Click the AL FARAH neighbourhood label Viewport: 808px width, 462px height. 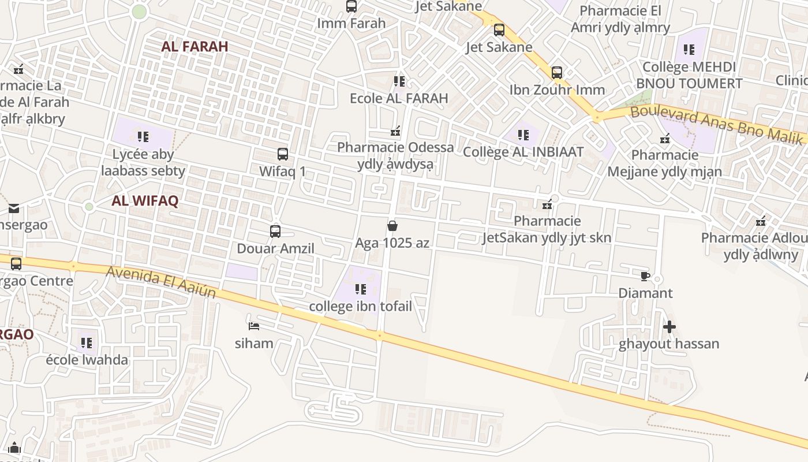coord(195,47)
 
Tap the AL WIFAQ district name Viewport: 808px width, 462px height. coord(145,201)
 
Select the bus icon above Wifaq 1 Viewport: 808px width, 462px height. coord(282,154)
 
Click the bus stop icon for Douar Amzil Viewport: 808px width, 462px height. coord(275,232)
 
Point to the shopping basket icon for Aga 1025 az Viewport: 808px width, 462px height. coord(392,225)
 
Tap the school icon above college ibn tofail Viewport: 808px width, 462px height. coord(361,289)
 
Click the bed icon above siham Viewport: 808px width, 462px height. coord(253,326)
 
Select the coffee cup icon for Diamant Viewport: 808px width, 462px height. coord(645,276)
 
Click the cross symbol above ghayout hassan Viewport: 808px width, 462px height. coord(669,327)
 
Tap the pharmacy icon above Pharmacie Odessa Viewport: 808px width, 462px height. coord(395,131)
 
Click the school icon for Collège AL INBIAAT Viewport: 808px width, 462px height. coord(523,135)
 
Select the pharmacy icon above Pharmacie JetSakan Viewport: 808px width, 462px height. coord(547,204)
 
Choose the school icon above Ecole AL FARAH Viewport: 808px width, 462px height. coord(399,81)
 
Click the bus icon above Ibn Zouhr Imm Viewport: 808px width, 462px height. coord(556,73)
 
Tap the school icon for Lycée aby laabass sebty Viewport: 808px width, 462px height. coord(143,137)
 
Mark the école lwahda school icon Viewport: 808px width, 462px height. coord(87,343)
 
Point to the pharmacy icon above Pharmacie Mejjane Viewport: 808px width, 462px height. coord(665,139)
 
